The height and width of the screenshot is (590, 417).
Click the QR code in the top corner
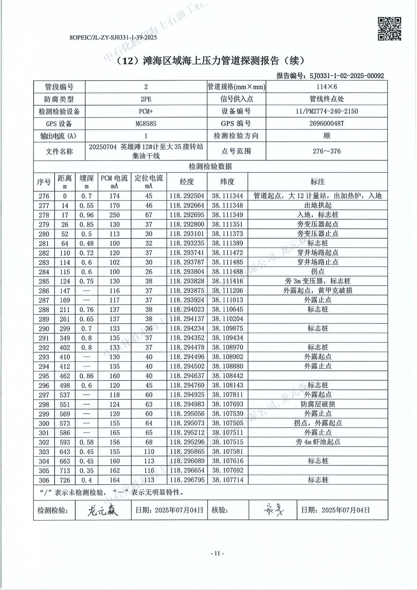(x=390, y=28)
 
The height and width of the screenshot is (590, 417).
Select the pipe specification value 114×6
(x=327, y=87)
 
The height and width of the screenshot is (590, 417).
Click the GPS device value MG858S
(x=146, y=124)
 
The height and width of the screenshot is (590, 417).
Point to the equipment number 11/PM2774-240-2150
(x=327, y=111)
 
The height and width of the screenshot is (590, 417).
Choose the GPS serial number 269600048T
(x=327, y=124)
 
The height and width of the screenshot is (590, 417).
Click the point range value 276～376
(x=327, y=151)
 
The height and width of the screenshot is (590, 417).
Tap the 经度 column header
(x=187, y=181)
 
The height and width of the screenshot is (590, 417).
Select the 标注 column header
(x=317, y=181)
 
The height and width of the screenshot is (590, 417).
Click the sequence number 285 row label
(x=44, y=281)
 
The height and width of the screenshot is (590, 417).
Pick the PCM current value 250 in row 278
(x=114, y=215)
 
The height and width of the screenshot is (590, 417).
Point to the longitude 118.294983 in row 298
(x=187, y=404)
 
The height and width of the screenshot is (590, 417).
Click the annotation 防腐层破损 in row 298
(x=317, y=404)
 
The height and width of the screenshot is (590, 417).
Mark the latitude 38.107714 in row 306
(x=227, y=480)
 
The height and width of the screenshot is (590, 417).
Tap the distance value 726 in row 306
(x=65, y=480)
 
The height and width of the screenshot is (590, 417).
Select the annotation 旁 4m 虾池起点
(x=317, y=442)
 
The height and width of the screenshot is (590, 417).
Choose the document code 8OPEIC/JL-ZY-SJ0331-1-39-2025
(x=113, y=37)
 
